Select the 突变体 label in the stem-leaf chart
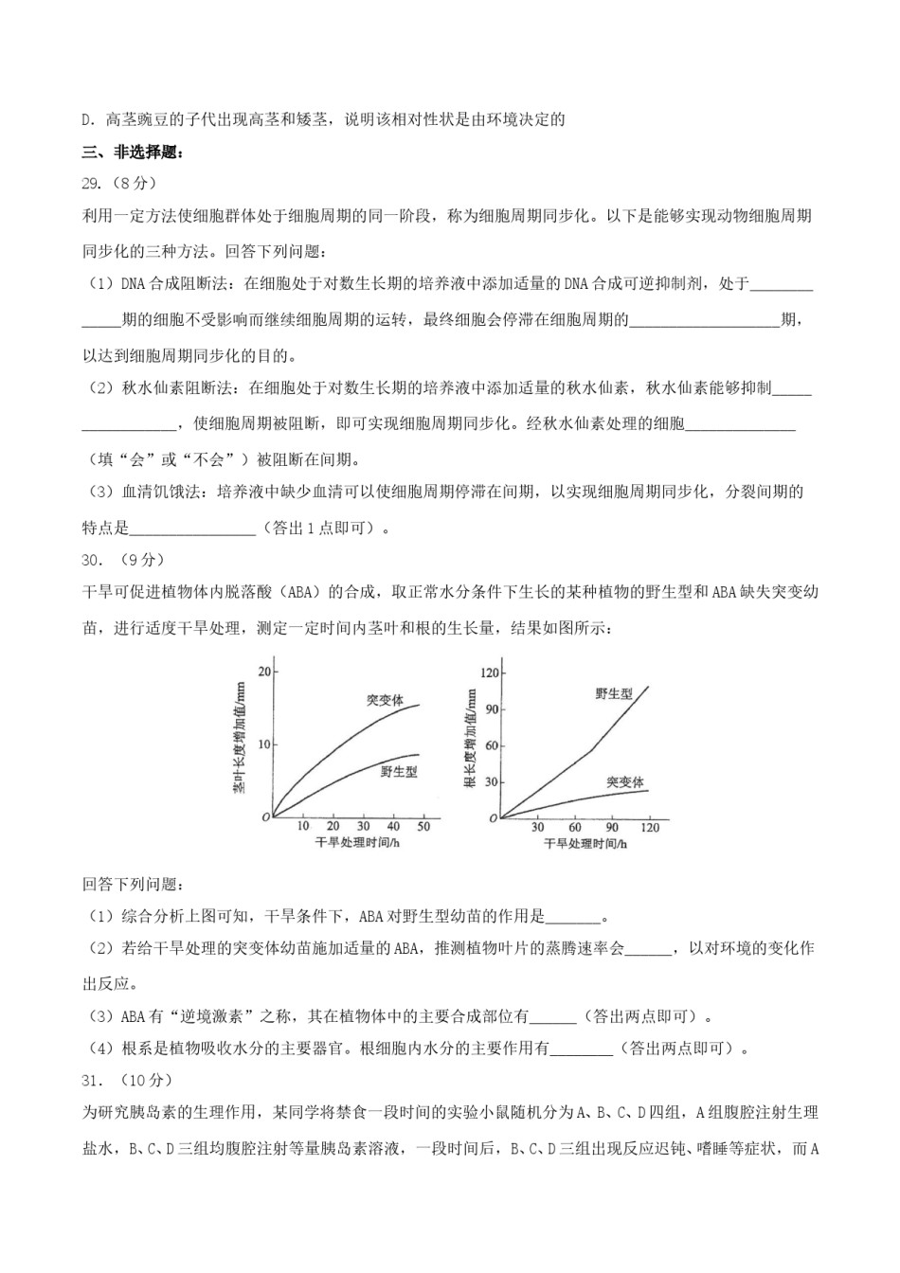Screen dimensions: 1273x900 tap(385, 701)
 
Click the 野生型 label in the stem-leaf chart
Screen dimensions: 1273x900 tap(399, 772)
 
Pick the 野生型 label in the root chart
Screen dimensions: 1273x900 tap(614, 694)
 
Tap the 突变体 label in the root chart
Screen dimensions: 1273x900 tap(624, 782)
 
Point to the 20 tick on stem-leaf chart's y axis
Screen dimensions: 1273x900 tap(264, 672)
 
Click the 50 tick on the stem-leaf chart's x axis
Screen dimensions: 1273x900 tap(423, 827)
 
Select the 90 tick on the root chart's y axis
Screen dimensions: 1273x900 tap(490, 709)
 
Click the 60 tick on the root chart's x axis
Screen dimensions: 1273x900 tap(575, 827)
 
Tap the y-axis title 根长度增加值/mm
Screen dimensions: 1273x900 tap(471, 739)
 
